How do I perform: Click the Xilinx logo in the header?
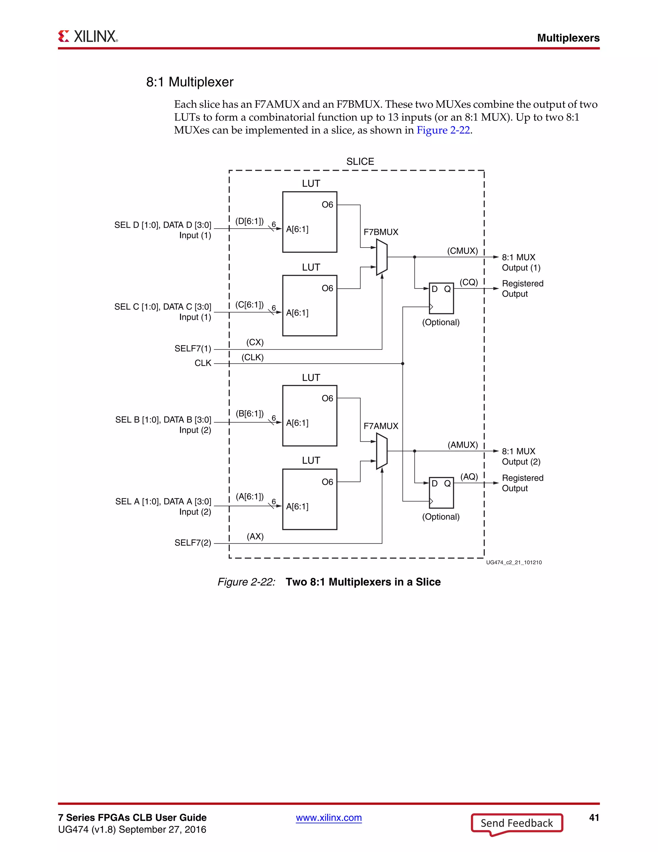[x=88, y=37]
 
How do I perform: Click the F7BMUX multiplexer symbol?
[x=382, y=258]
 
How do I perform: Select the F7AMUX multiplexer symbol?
[x=382, y=451]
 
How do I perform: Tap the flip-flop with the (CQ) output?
[x=441, y=298]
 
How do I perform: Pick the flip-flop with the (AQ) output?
[x=441, y=493]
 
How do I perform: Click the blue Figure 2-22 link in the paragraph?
[x=443, y=130]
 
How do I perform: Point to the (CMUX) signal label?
[x=462, y=251]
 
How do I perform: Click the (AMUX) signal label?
[x=462, y=445]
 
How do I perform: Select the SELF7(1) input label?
[x=192, y=349]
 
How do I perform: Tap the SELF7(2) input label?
[x=192, y=543]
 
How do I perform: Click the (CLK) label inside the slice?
[x=253, y=357]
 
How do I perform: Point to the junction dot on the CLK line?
[x=403, y=364]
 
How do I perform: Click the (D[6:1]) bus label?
[x=249, y=221]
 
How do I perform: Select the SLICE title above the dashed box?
[x=360, y=161]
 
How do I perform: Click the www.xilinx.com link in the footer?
[x=329, y=818]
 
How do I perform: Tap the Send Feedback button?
[x=517, y=823]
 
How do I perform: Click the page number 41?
[x=594, y=818]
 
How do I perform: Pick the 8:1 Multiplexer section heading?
[x=190, y=82]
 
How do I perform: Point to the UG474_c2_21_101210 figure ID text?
[x=514, y=563]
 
